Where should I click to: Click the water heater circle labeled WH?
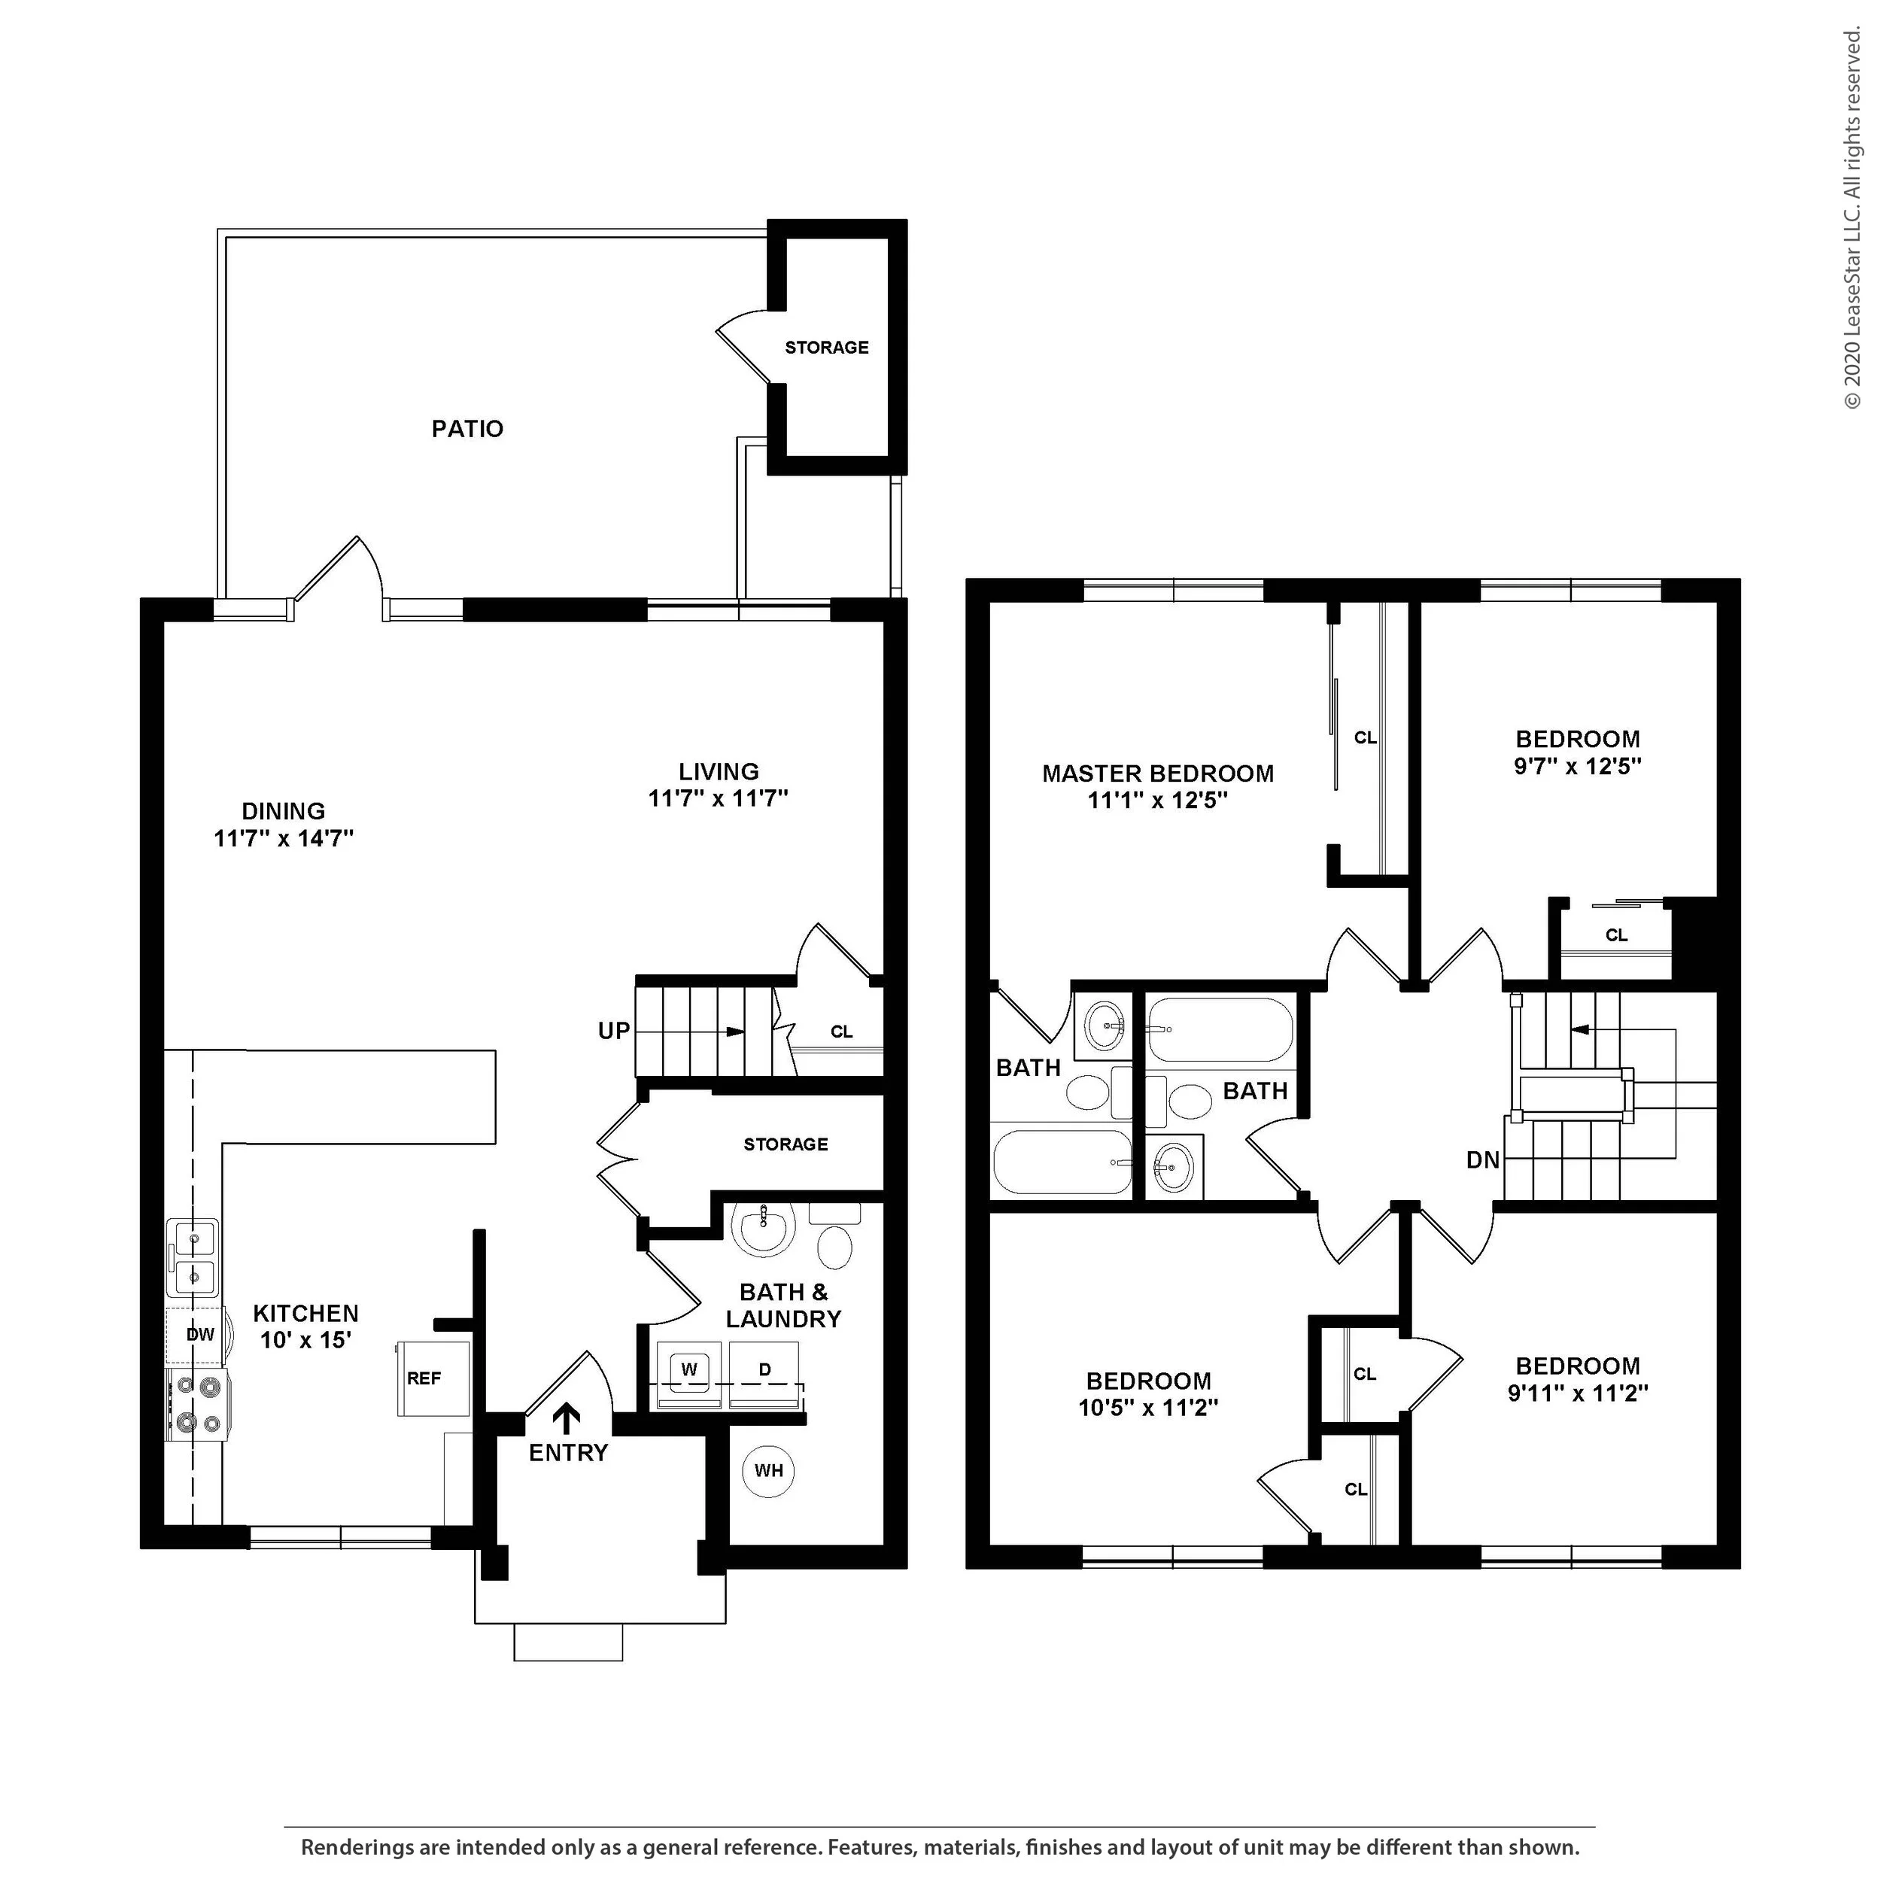[x=768, y=1470]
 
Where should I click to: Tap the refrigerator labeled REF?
[x=433, y=1378]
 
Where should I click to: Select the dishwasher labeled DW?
[x=199, y=1335]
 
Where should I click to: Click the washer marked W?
[x=689, y=1374]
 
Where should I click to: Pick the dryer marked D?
[x=764, y=1374]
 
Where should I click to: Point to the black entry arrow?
[x=566, y=1418]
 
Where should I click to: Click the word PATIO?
[x=467, y=428]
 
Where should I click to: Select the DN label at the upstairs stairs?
[x=1483, y=1159]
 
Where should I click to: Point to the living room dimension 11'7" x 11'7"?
[x=719, y=798]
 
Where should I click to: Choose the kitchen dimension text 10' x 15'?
[x=305, y=1340]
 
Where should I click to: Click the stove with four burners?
[x=199, y=1405]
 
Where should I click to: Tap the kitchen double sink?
[x=192, y=1257]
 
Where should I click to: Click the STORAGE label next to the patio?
[x=827, y=347]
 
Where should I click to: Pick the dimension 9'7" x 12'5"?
[x=1577, y=765]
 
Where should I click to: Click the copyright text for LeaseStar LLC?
[x=1852, y=219]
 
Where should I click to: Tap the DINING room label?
[x=284, y=810]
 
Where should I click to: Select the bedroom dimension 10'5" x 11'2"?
[x=1148, y=1407]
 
